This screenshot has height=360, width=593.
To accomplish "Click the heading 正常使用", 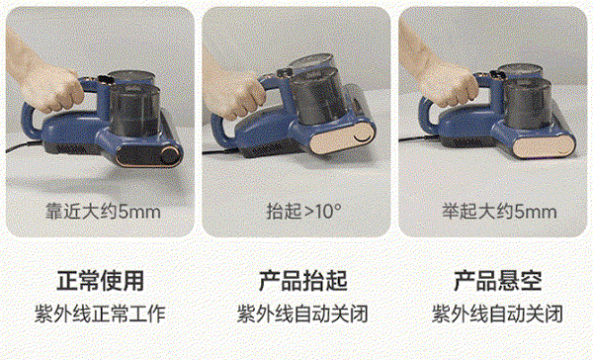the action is [x=101, y=281].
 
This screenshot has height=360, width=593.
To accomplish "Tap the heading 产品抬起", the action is [x=303, y=281].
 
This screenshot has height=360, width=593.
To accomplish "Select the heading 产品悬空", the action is [x=498, y=281].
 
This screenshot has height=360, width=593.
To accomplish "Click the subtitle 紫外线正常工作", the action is [x=101, y=314].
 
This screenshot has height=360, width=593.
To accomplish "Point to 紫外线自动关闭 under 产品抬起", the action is [x=303, y=314].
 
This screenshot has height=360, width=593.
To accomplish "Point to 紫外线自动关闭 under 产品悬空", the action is [x=498, y=314].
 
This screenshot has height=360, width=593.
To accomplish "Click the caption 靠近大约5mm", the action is [x=103, y=212].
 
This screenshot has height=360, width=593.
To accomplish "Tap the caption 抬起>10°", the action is [x=304, y=211].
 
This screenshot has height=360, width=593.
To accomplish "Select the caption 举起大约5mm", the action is [x=499, y=212].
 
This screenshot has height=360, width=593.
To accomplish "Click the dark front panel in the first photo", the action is [x=148, y=155].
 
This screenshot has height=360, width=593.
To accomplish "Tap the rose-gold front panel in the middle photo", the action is [x=343, y=138].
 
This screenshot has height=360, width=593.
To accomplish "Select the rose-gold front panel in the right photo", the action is [x=545, y=145].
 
